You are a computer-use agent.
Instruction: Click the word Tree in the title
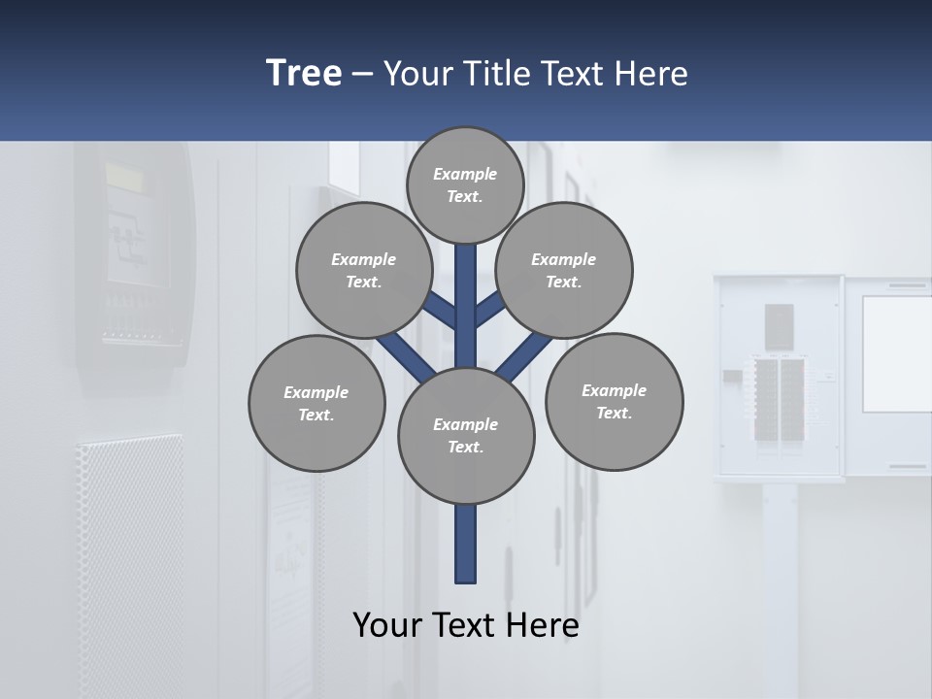304,73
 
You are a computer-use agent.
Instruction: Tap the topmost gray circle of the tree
465,184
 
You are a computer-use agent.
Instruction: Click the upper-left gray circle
363,270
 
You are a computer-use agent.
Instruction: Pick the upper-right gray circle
564,270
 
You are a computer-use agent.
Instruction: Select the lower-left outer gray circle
316,403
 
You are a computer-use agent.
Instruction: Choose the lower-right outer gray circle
614,401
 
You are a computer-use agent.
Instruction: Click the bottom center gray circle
466,436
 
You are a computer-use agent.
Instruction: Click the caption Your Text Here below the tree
466,624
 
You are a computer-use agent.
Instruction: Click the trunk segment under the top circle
466,291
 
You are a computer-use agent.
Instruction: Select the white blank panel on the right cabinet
896,352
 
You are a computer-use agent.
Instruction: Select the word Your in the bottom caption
387,624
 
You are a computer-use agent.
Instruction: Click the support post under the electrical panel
779,582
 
